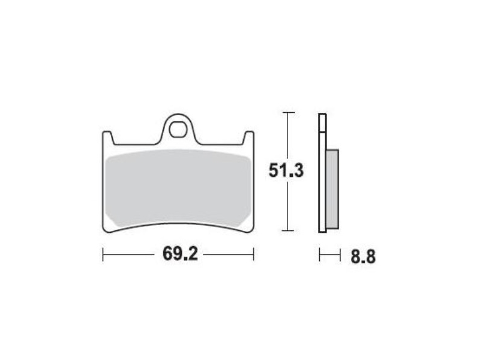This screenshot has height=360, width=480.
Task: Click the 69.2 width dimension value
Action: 180,254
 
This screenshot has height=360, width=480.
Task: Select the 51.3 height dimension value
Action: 286,170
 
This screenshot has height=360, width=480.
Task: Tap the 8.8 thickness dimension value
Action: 363,257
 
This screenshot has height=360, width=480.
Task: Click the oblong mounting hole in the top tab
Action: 178,130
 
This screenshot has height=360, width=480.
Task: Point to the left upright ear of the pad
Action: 108,137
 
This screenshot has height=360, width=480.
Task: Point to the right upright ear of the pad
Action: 248,137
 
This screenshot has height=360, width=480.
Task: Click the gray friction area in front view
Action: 178,188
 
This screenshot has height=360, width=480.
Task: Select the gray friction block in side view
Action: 332,189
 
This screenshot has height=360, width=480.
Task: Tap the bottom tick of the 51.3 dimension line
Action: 288,230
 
